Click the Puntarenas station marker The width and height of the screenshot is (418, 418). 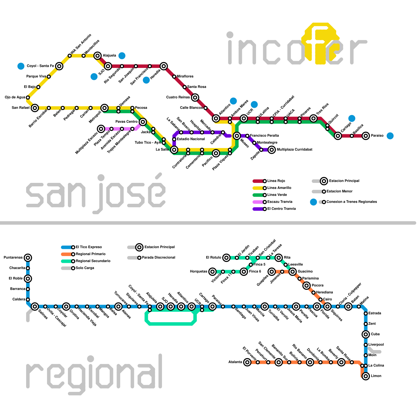tap(28, 258)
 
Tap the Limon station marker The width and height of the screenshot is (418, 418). tap(366, 376)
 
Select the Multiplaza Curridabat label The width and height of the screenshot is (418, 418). tap(294, 149)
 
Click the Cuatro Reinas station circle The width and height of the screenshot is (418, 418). tap(195, 97)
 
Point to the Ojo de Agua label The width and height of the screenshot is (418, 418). tap(15, 97)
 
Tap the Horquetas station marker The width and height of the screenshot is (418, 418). tap(212, 272)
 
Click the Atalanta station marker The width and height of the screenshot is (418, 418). tap(247, 362)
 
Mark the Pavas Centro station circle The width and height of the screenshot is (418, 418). tap(143, 122)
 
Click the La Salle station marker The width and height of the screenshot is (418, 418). tap(174, 150)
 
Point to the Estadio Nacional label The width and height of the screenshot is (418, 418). tap(191, 139)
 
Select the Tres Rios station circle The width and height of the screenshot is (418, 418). tap(313, 119)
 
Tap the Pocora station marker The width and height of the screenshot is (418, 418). tap(306, 286)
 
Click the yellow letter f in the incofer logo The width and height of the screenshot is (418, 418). tap(321, 43)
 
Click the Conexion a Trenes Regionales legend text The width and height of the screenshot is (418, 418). tap(351, 202)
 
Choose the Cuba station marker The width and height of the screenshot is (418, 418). tap(366, 334)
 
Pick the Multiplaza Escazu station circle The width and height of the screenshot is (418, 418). tap(101, 129)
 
